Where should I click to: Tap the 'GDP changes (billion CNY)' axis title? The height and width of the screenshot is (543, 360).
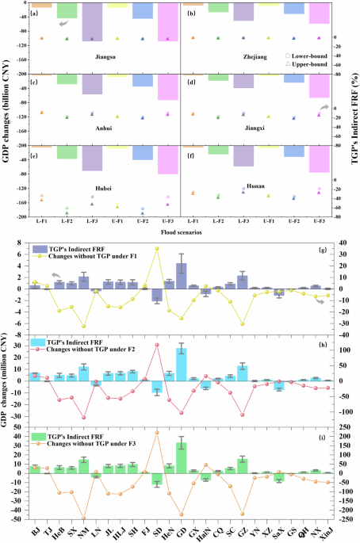[x=7, y=111]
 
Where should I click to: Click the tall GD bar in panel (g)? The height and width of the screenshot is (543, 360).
[x=182, y=275]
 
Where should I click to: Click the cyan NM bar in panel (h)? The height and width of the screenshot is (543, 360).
[x=83, y=373]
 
